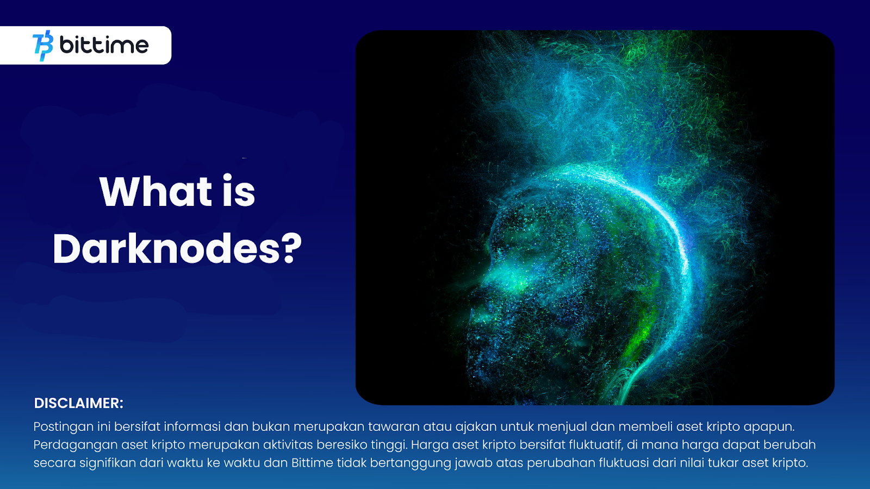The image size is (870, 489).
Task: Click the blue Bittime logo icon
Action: [x=43, y=46]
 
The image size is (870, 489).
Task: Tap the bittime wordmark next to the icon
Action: [x=104, y=45]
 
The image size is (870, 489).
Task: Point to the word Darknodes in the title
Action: [x=166, y=248]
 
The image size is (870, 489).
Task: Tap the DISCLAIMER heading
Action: [x=78, y=403]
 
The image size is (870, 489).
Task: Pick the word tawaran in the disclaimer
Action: [x=394, y=427]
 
